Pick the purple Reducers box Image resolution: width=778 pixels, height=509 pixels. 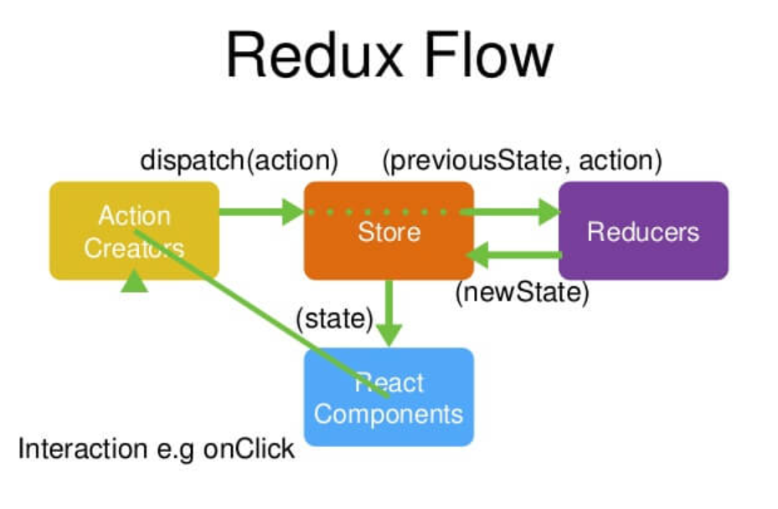click(x=643, y=230)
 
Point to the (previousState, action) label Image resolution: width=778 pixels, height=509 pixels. click(x=521, y=159)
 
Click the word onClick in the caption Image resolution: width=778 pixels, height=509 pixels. click(x=249, y=449)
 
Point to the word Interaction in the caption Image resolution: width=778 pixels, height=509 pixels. click(x=82, y=449)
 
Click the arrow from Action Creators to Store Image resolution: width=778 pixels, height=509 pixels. click(x=260, y=212)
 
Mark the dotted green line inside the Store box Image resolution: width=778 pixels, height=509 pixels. click(x=385, y=212)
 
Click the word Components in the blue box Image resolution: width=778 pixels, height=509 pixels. click(x=389, y=414)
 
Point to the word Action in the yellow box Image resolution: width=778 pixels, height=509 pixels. click(x=134, y=216)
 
